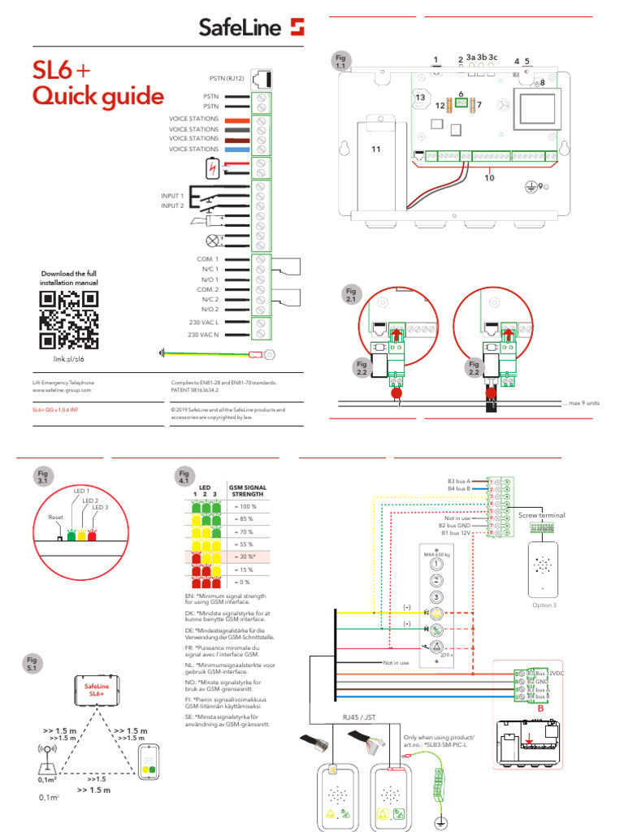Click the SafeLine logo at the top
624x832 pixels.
[x=252, y=28]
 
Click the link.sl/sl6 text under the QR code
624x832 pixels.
[x=69, y=358]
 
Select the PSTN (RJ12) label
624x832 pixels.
[x=226, y=79]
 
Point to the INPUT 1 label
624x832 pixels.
[x=172, y=197]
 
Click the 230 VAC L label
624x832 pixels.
[x=203, y=323]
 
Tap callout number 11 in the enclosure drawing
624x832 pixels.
[x=375, y=149]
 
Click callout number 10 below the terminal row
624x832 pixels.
[x=489, y=176]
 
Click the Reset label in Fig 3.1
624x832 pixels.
[x=55, y=516]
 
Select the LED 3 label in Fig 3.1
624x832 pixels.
[x=99, y=507]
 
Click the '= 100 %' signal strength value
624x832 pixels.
[x=243, y=506]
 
